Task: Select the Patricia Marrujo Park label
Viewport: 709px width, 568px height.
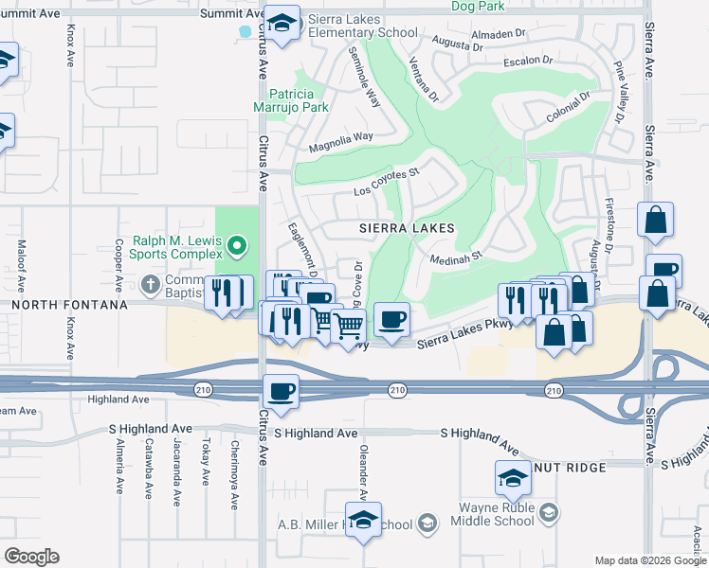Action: [299, 100]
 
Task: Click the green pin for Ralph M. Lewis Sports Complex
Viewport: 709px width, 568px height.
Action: [238, 249]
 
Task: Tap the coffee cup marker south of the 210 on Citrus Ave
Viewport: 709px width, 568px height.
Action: [282, 390]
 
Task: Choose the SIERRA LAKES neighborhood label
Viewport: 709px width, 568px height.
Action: [407, 229]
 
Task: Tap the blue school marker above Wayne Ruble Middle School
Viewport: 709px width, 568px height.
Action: [513, 478]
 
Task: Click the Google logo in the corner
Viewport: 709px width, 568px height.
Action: [31, 556]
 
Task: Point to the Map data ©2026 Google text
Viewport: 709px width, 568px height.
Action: [649, 560]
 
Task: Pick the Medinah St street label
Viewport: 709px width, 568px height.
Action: [457, 255]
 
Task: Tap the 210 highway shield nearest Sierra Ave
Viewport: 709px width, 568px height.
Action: [554, 390]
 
